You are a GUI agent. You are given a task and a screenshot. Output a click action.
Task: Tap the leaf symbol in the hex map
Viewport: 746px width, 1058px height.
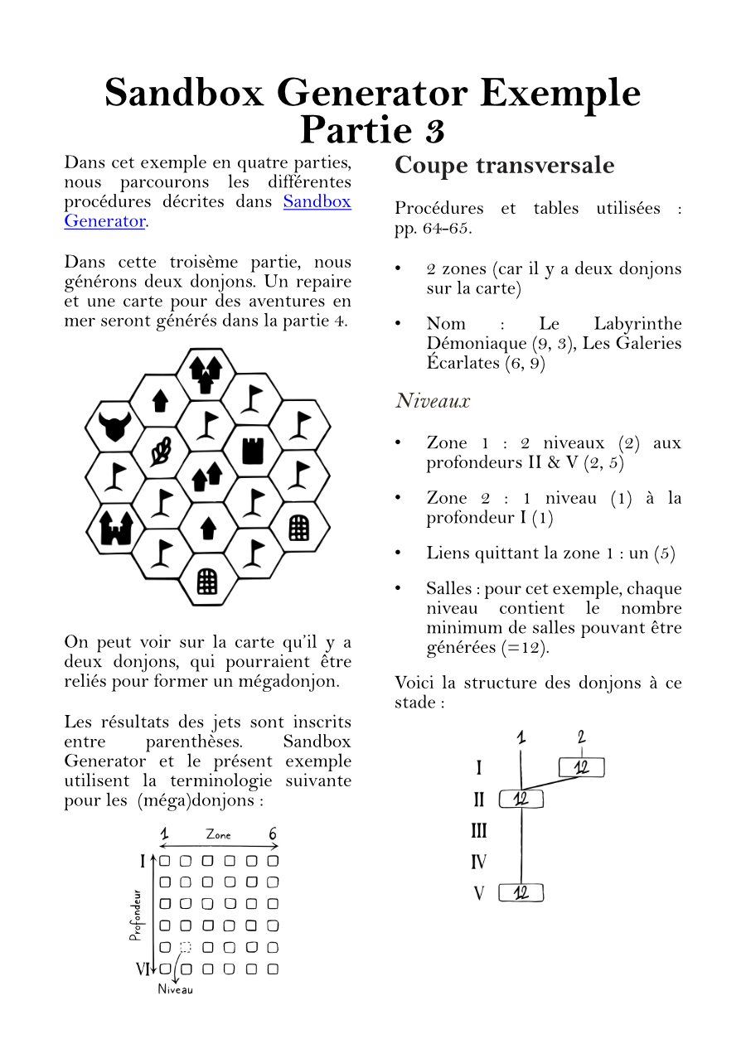tap(161, 452)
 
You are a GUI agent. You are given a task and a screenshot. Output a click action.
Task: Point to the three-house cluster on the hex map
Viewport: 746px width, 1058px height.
tap(206, 374)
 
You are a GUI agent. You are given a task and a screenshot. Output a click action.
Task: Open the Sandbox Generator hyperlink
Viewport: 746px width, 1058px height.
tap(317, 201)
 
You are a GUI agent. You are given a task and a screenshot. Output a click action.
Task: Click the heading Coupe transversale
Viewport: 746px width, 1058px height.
tap(504, 165)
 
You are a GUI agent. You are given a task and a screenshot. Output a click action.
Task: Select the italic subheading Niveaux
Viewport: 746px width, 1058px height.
tap(432, 401)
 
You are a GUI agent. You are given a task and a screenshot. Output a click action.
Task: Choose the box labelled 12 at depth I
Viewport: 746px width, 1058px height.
tap(581, 767)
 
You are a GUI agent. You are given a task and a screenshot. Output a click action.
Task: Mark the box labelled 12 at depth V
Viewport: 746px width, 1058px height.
tap(521, 892)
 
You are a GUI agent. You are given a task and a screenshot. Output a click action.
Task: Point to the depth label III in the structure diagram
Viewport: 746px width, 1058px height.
tap(478, 831)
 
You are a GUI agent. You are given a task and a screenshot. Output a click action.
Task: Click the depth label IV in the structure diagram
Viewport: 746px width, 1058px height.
tap(478, 862)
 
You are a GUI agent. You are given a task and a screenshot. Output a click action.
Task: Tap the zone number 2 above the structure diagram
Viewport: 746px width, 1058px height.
tap(582, 737)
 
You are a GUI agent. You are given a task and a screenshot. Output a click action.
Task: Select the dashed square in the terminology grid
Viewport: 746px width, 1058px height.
tap(186, 947)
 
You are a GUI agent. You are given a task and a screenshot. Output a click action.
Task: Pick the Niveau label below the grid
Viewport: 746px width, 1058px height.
tap(175, 989)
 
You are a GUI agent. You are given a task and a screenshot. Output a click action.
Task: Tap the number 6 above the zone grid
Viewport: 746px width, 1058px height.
tap(273, 834)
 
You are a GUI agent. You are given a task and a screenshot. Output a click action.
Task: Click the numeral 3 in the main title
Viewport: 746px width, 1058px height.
tap(435, 130)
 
